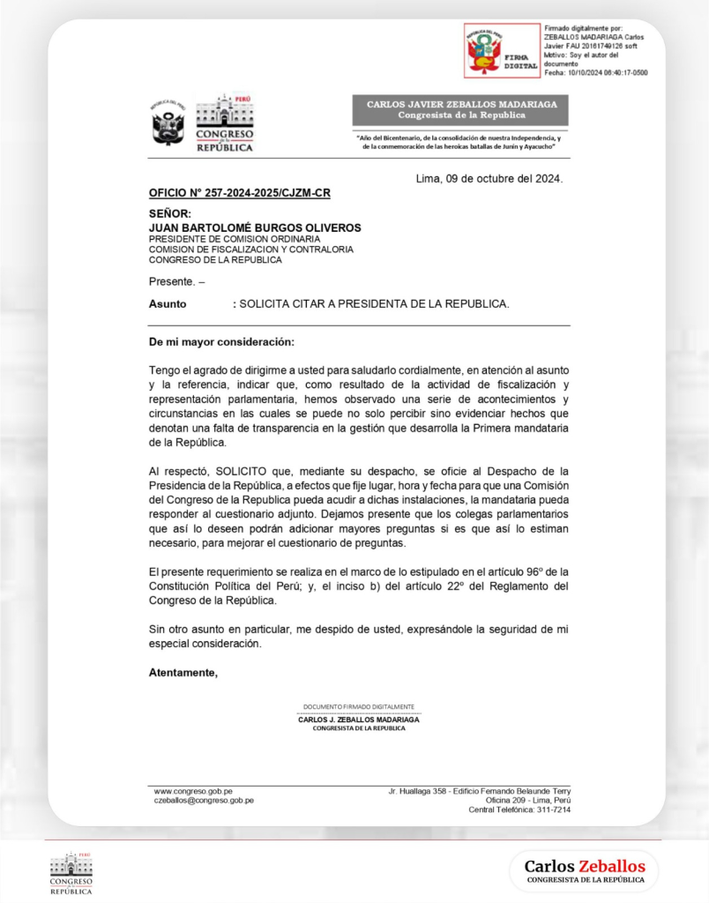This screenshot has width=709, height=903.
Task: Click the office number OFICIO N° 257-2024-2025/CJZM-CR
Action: pos(239,192)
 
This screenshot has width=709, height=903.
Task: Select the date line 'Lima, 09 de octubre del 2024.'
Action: pos(489,179)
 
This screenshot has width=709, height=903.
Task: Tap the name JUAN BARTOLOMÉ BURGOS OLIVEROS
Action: pos(254,228)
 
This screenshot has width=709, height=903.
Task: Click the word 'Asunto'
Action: pos(168,303)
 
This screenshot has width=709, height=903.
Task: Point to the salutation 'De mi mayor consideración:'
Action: pos(221,341)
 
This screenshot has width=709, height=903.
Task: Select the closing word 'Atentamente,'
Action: pos(183,673)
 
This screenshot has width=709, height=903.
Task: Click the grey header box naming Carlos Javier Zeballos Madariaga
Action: pos(461,109)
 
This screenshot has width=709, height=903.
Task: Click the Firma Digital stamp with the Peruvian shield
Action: pos(502,51)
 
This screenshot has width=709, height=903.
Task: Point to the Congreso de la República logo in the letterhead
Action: pos(224,123)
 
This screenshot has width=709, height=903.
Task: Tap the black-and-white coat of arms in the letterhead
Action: pos(168,123)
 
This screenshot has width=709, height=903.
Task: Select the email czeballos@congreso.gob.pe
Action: pos(204,801)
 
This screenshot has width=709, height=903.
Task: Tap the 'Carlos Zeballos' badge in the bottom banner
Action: pos(585,870)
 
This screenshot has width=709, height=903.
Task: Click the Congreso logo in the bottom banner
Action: pos(71,874)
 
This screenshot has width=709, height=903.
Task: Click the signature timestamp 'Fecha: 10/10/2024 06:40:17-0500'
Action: pos(595,72)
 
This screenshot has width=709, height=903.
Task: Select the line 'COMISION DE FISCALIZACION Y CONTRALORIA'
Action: pos(250,250)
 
